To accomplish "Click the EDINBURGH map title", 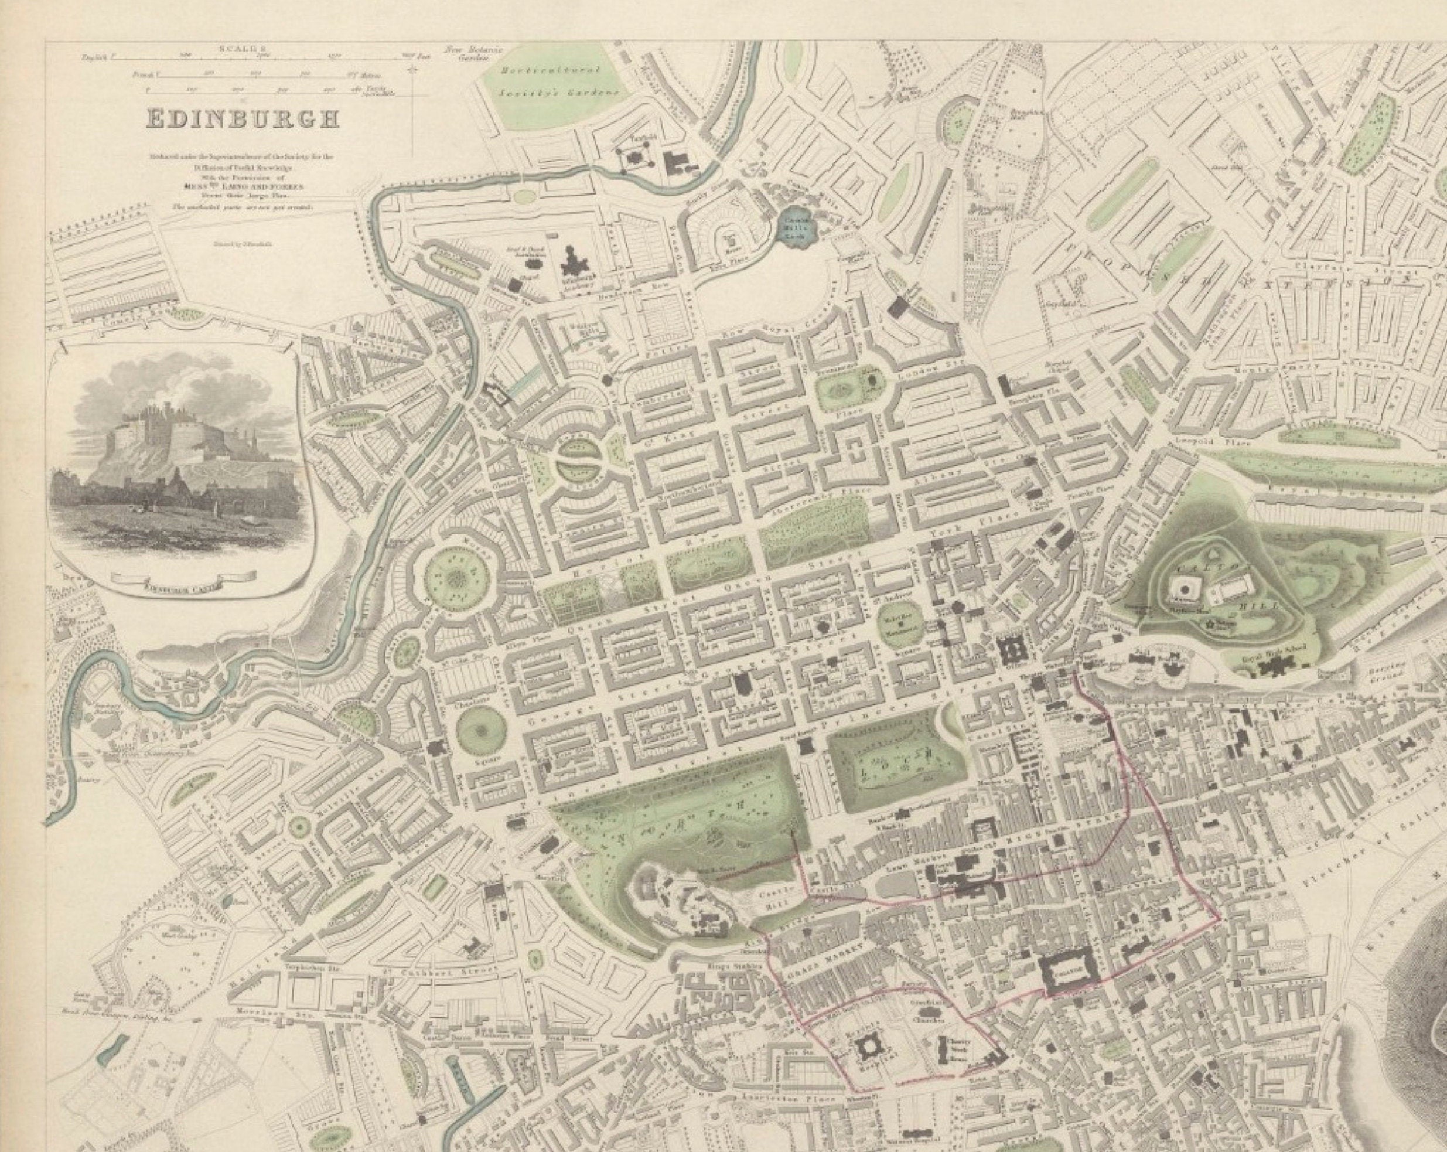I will click(243, 120).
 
